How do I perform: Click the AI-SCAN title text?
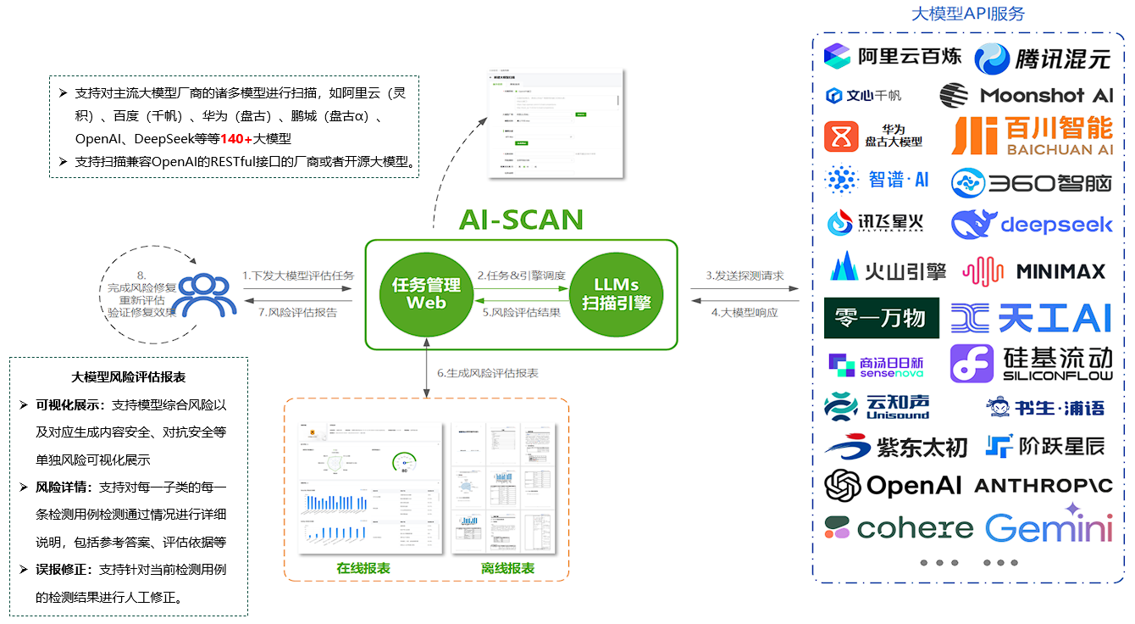tap(521, 220)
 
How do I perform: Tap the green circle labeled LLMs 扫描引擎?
tap(616, 293)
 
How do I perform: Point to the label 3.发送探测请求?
tap(745, 276)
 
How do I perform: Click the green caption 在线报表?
tap(363, 568)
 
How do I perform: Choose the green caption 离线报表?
tap(507, 568)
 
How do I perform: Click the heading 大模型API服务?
tap(967, 14)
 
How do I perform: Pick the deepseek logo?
tap(1032, 225)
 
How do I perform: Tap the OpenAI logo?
tap(893, 485)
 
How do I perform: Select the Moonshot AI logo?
tap(1027, 95)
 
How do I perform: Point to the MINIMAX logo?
tap(1034, 271)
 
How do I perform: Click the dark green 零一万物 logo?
tap(881, 318)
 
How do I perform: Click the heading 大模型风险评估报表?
tap(129, 377)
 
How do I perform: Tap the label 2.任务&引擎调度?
tap(521, 276)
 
